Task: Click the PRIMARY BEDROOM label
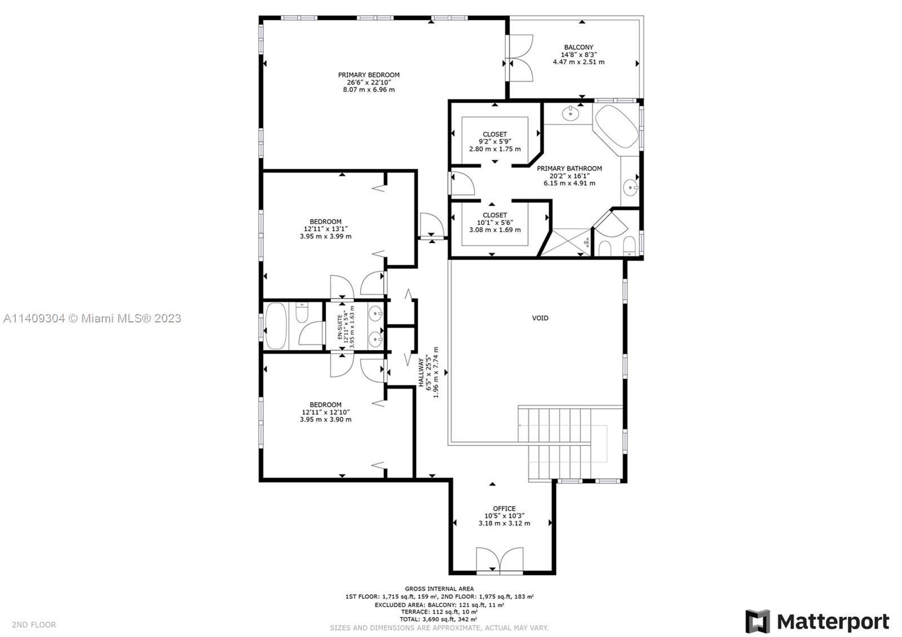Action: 369,75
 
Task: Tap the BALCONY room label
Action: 578,47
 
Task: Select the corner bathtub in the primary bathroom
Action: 616,126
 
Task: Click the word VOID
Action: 540,318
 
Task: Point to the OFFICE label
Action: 504,508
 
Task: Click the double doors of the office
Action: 499,560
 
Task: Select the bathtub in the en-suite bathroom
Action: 276,325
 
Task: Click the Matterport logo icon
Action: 757,621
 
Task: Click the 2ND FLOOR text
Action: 34,625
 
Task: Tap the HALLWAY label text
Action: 421,372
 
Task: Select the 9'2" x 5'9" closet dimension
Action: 494,142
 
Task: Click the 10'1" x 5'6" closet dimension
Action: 494,222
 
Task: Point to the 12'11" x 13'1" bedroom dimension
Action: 325,229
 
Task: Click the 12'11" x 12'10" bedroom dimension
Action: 325,412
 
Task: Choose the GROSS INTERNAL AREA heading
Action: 439,589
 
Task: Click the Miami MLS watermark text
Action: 92,319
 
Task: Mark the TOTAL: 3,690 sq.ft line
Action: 439,619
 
